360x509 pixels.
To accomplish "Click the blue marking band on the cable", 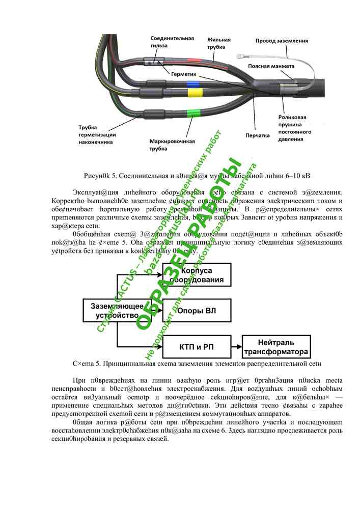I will [x=192, y=83].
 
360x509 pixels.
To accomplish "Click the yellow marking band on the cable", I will [x=194, y=93].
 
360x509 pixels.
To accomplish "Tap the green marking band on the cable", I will [x=193, y=113].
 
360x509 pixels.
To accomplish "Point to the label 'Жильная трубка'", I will [x=219, y=43].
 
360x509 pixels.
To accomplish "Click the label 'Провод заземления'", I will [x=282, y=40].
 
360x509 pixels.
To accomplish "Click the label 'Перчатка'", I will [x=257, y=136].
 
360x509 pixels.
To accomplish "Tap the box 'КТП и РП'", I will [x=196, y=348].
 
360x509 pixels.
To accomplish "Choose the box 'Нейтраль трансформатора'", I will [x=275, y=348].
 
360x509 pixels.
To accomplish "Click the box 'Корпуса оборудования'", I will [x=196, y=275].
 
